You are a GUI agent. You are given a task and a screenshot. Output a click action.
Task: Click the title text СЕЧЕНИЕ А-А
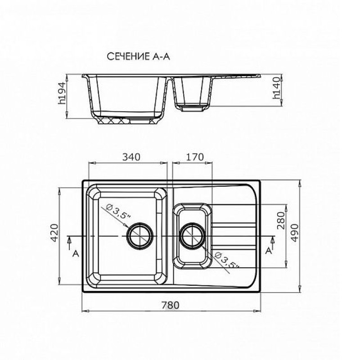(139, 57)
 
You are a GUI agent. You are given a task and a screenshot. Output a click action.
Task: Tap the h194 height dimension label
(62, 93)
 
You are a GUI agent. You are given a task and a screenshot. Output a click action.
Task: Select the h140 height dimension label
(277, 88)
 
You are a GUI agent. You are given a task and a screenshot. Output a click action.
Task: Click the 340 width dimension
(131, 157)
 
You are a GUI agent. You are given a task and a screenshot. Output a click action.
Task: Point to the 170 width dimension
(195, 157)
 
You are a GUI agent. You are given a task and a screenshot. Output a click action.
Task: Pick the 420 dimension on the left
(54, 233)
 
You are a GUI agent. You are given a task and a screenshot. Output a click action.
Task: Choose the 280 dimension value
(281, 220)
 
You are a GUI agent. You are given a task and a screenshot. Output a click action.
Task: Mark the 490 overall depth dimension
(295, 233)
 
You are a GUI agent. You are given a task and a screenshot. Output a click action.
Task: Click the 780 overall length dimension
(170, 305)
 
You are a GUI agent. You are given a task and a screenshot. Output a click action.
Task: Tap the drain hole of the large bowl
(139, 236)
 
